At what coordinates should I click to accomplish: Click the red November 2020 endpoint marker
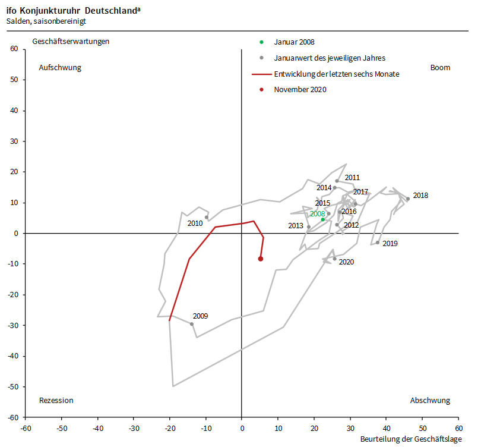[261, 259]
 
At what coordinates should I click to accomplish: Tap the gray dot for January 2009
[191, 324]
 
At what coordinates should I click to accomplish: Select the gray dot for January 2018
[407, 199]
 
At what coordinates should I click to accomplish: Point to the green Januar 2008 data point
[323, 219]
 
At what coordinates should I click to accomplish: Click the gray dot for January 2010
[207, 218]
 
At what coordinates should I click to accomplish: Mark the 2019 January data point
[377, 243]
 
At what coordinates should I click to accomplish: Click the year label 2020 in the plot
[346, 262]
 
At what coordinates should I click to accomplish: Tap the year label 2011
[352, 178]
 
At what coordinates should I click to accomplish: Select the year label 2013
[296, 226]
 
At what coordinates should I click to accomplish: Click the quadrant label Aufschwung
[60, 68]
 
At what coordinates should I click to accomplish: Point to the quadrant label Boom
[440, 68]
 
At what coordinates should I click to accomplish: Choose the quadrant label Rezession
[56, 401]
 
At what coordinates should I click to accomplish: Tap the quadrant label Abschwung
[430, 401]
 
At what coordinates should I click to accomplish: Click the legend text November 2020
[300, 90]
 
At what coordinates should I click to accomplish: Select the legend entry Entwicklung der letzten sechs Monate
[336, 74]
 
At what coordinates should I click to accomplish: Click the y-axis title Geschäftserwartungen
[71, 42]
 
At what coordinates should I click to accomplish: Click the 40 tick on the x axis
[386, 427]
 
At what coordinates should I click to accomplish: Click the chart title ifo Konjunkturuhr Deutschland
[74, 11]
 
